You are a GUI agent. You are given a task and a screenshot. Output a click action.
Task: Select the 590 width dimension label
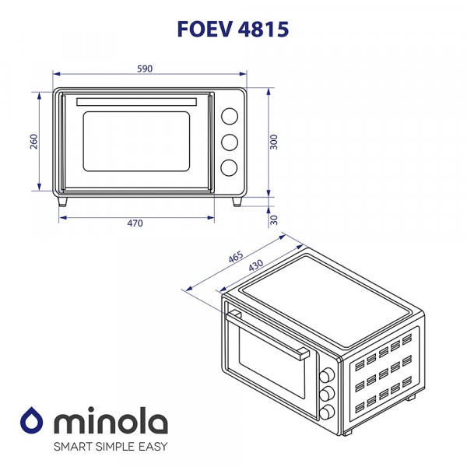click(x=144, y=68)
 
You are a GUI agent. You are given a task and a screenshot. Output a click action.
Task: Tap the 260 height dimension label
click(x=33, y=141)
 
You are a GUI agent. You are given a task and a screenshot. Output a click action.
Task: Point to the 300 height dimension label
click(x=275, y=142)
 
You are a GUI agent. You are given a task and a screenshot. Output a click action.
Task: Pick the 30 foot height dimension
click(x=275, y=220)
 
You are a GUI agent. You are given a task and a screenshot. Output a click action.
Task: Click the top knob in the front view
click(x=230, y=116)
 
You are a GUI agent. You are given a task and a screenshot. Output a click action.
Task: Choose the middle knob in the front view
click(x=230, y=142)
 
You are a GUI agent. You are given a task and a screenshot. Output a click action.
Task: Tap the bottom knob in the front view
click(x=230, y=167)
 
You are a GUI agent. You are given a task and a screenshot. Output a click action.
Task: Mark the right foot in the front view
click(x=237, y=201)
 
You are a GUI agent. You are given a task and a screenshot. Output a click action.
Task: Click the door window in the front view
click(x=137, y=142)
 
